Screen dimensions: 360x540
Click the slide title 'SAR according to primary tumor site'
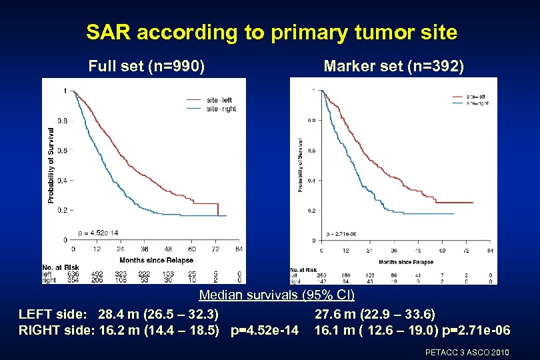pyautogui.click(x=271, y=32)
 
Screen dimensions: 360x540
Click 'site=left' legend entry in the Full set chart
pyautogui.click(x=219, y=100)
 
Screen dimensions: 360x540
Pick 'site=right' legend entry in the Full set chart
pyautogui.click(x=221, y=109)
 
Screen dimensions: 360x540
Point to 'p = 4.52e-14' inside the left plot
pyautogui.click(x=98, y=232)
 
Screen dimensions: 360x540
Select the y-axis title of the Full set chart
pyautogui.click(x=51, y=165)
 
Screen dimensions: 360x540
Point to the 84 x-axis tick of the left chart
pyautogui.click(x=239, y=249)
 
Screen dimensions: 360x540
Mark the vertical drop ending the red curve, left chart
pyautogui.click(x=218, y=209)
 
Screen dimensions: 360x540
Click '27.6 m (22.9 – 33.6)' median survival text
pyautogui.click(x=375, y=313)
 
